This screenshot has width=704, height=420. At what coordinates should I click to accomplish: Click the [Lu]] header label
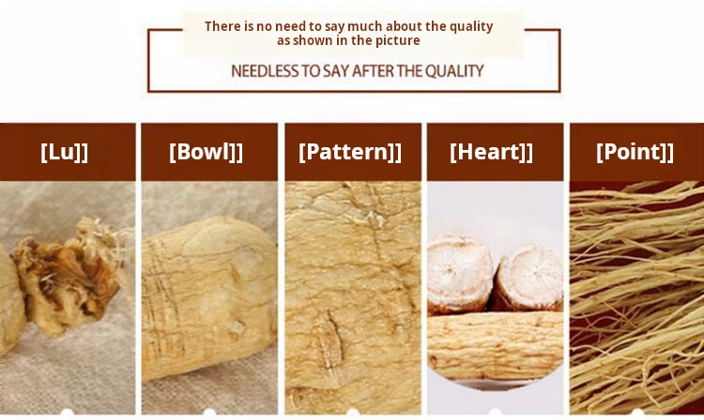(x=64, y=152)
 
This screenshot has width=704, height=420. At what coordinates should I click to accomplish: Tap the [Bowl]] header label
(x=207, y=152)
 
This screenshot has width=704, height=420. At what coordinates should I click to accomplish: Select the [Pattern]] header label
(x=350, y=152)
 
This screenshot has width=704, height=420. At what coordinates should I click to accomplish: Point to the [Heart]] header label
(x=492, y=152)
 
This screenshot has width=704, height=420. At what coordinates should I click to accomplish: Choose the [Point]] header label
(x=635, y=152)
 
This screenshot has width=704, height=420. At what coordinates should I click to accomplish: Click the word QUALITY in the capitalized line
(x=454, y=71)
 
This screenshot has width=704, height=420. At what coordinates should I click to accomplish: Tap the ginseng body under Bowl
(x=208, y=298)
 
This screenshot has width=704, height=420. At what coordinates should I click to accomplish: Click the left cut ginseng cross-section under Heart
(x=460, y=275)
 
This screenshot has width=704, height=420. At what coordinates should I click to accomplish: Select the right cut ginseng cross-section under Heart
(x=528, y=277)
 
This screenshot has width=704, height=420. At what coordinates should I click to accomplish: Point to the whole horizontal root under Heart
(x=495, y=345)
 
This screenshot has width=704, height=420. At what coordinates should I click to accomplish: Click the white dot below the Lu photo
(x=67, y=412)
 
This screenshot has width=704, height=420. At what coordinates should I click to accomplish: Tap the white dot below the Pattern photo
(x=353, y=412)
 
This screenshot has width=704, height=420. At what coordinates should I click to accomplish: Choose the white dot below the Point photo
(x=637, y=412)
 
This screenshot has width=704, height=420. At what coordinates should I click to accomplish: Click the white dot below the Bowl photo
(x=209, y=412)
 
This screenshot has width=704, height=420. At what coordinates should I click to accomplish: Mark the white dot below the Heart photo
(x=496, y=412)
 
